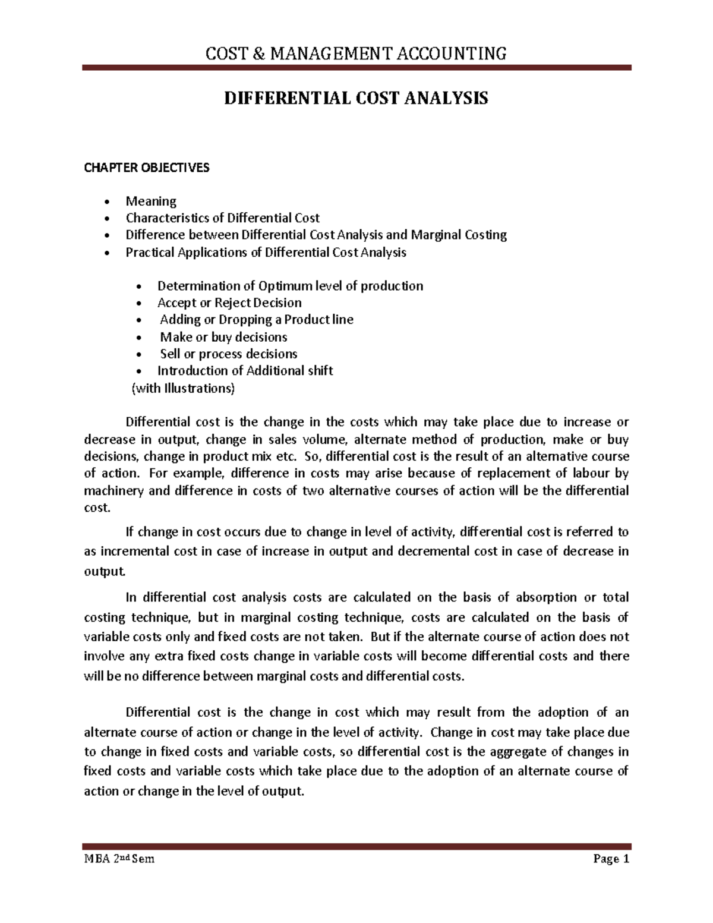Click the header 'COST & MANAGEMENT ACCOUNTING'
(356, 54)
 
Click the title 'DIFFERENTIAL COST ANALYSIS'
(355, 98)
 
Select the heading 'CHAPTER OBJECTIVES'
(146, 168)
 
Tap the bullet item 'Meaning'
(151, 201)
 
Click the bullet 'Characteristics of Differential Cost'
(222, 218)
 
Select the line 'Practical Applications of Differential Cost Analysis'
(266, 252)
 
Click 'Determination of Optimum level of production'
(290, 286)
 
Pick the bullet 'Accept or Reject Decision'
(229, 303)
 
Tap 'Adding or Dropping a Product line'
(257, 320)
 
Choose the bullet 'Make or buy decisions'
(224, 337)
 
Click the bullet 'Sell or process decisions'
(229, 354)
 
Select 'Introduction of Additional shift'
(245, 371)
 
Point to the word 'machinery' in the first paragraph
(113, 491)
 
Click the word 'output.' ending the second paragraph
(105, 572)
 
